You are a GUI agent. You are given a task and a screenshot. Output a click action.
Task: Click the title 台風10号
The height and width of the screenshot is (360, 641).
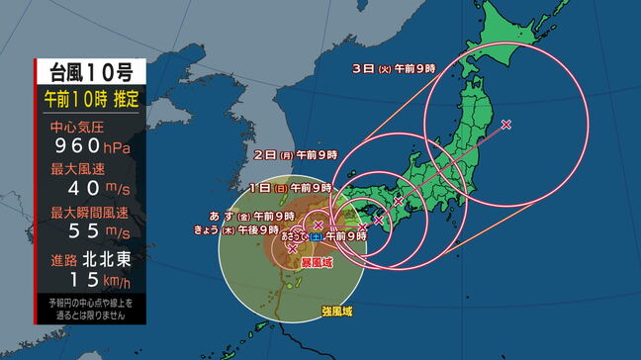(x=91, y=72)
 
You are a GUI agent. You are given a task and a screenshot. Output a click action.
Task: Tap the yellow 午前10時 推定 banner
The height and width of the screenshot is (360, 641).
(x=91, y=99)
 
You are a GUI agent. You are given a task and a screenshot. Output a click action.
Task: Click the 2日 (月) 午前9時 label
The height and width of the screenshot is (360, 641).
(x=295, y=154)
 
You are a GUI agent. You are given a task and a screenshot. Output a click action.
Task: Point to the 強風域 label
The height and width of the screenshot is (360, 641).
(x=336, y=311)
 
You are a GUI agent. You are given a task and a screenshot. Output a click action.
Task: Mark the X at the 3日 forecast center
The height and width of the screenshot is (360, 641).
(x=506, y=125)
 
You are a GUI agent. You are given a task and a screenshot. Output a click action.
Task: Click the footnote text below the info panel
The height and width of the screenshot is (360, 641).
(x=91, y=307)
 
